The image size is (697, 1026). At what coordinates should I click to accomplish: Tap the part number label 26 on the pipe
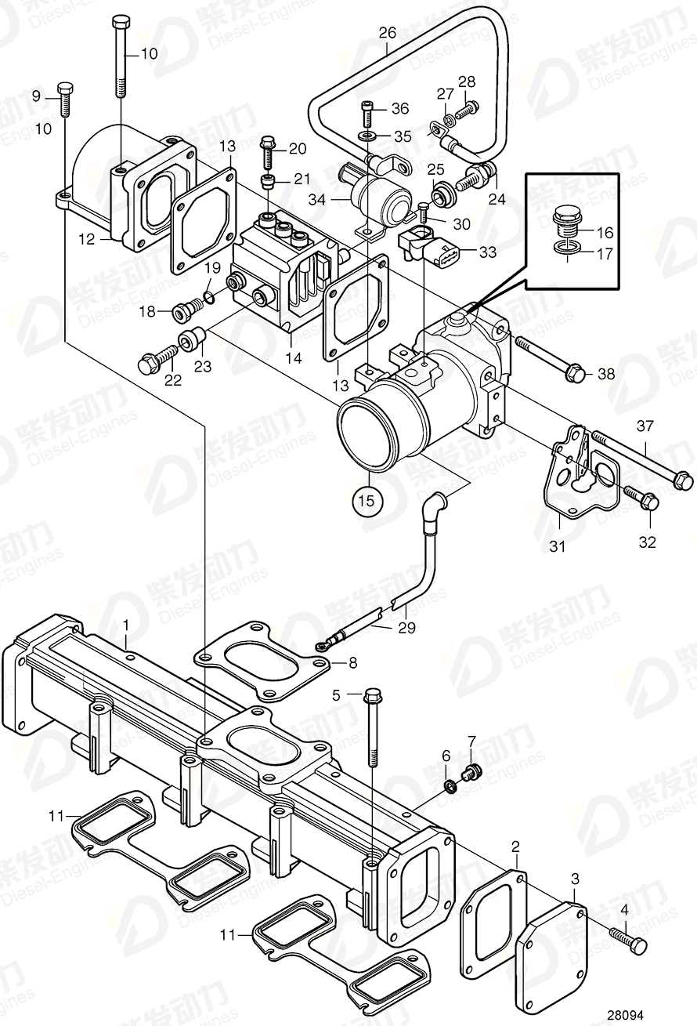[x=388, y=33]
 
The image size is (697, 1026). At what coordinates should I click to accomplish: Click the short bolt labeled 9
[x=64, y=100]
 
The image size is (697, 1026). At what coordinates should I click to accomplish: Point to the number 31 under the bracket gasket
[x=556, y=547]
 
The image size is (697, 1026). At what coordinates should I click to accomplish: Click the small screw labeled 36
[x=368, y=115]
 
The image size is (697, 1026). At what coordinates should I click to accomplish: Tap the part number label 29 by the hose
[x=406, y=628]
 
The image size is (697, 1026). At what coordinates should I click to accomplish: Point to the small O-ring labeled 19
[x=208, y=295]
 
